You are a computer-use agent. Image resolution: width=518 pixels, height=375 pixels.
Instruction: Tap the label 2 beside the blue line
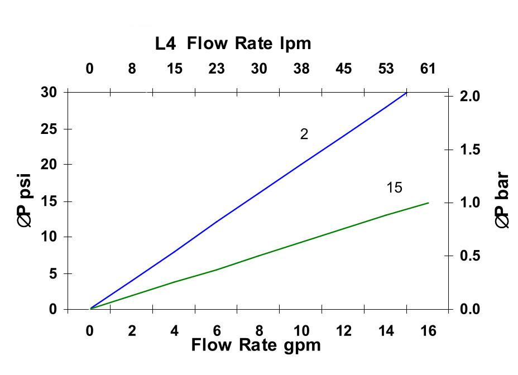pos(304,134)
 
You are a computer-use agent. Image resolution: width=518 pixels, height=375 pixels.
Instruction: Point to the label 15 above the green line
pos(394,188)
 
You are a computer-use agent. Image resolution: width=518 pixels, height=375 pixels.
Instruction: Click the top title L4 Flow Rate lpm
pos(233,44)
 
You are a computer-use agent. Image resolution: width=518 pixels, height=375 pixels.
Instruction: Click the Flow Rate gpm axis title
pos(256,345)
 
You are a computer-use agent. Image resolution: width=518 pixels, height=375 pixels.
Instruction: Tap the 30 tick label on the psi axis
pos(49,92)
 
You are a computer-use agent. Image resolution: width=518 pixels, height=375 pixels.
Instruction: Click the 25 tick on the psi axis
pos(49,129)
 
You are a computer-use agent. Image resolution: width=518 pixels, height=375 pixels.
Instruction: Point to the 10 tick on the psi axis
pos(49,237)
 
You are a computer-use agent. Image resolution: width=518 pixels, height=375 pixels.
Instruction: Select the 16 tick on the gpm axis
pos(428,331)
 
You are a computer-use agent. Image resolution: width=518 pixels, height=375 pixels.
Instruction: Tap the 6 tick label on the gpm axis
pos(217,331)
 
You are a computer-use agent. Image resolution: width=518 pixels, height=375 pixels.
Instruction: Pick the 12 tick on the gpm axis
pos(344,331)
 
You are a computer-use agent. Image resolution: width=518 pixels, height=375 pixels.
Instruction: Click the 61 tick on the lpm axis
pos(428,69)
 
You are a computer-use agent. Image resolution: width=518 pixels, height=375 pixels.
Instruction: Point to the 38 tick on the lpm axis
pos(301,69)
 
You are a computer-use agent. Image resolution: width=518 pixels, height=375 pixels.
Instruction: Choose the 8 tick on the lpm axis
pos(132,69)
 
